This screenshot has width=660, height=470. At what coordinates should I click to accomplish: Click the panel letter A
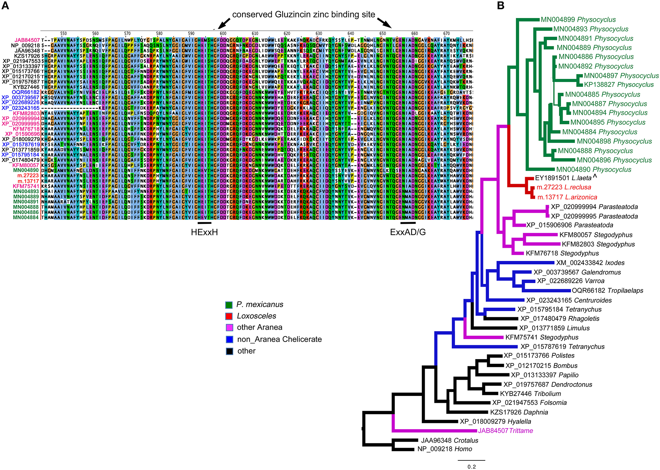5,6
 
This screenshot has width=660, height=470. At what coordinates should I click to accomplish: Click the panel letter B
500,6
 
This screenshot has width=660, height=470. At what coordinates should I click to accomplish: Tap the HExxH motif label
204,232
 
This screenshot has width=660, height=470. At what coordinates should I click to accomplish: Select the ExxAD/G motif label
408,232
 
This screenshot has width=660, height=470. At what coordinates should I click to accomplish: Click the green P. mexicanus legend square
229,305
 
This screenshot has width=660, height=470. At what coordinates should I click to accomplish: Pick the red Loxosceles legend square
229,316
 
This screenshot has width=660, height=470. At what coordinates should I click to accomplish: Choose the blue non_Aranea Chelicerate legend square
229,339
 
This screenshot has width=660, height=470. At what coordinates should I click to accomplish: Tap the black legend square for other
229,351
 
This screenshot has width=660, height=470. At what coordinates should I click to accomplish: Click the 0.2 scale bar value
471,467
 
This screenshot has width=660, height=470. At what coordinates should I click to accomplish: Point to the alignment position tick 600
223,34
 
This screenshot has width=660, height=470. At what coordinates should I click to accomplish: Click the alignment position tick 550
63,34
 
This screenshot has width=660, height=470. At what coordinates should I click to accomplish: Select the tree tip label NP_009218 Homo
444,449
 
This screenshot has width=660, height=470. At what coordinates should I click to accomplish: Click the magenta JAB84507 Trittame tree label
505,431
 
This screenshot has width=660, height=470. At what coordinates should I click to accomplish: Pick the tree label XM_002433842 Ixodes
590,263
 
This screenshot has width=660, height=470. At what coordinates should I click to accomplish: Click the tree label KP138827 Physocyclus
619,85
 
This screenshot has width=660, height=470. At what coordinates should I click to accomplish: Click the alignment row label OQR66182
26,92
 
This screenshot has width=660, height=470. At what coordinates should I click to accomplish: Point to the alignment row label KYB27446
26,87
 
